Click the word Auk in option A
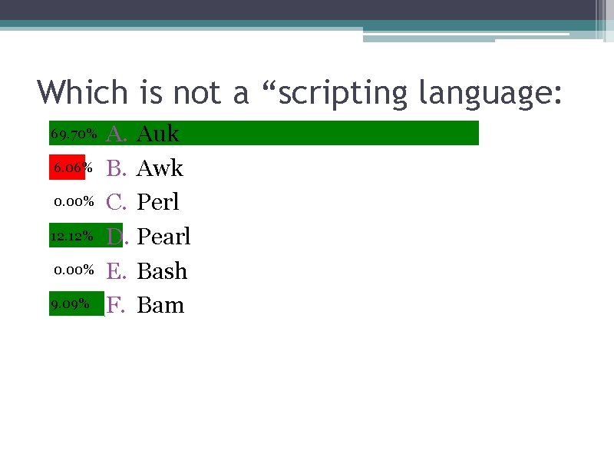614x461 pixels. (x=157, y=134)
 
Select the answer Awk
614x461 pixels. (x=160, y=167)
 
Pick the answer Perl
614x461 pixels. (x=157, y=202)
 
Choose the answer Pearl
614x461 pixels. (x=163, y=236)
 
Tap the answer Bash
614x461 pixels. (x=162, y=270)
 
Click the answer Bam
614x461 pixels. (x=160, y=305)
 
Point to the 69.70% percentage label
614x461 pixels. (x=74, y=134)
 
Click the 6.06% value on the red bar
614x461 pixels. (x=73, y=167)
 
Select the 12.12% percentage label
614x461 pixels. (x=72, y=236)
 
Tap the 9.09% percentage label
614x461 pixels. (x=70, y=304)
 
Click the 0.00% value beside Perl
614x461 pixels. (x=74, y=202)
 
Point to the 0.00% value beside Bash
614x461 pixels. (x=74, y=270)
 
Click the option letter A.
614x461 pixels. (x=116, y=134)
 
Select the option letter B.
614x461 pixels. (x=115, y=167)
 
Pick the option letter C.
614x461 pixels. (x=116, y=202)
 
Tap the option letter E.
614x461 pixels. (x=115, y=270)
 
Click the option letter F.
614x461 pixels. (x=115, y=305)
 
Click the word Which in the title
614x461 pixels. (x=84, y=93)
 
